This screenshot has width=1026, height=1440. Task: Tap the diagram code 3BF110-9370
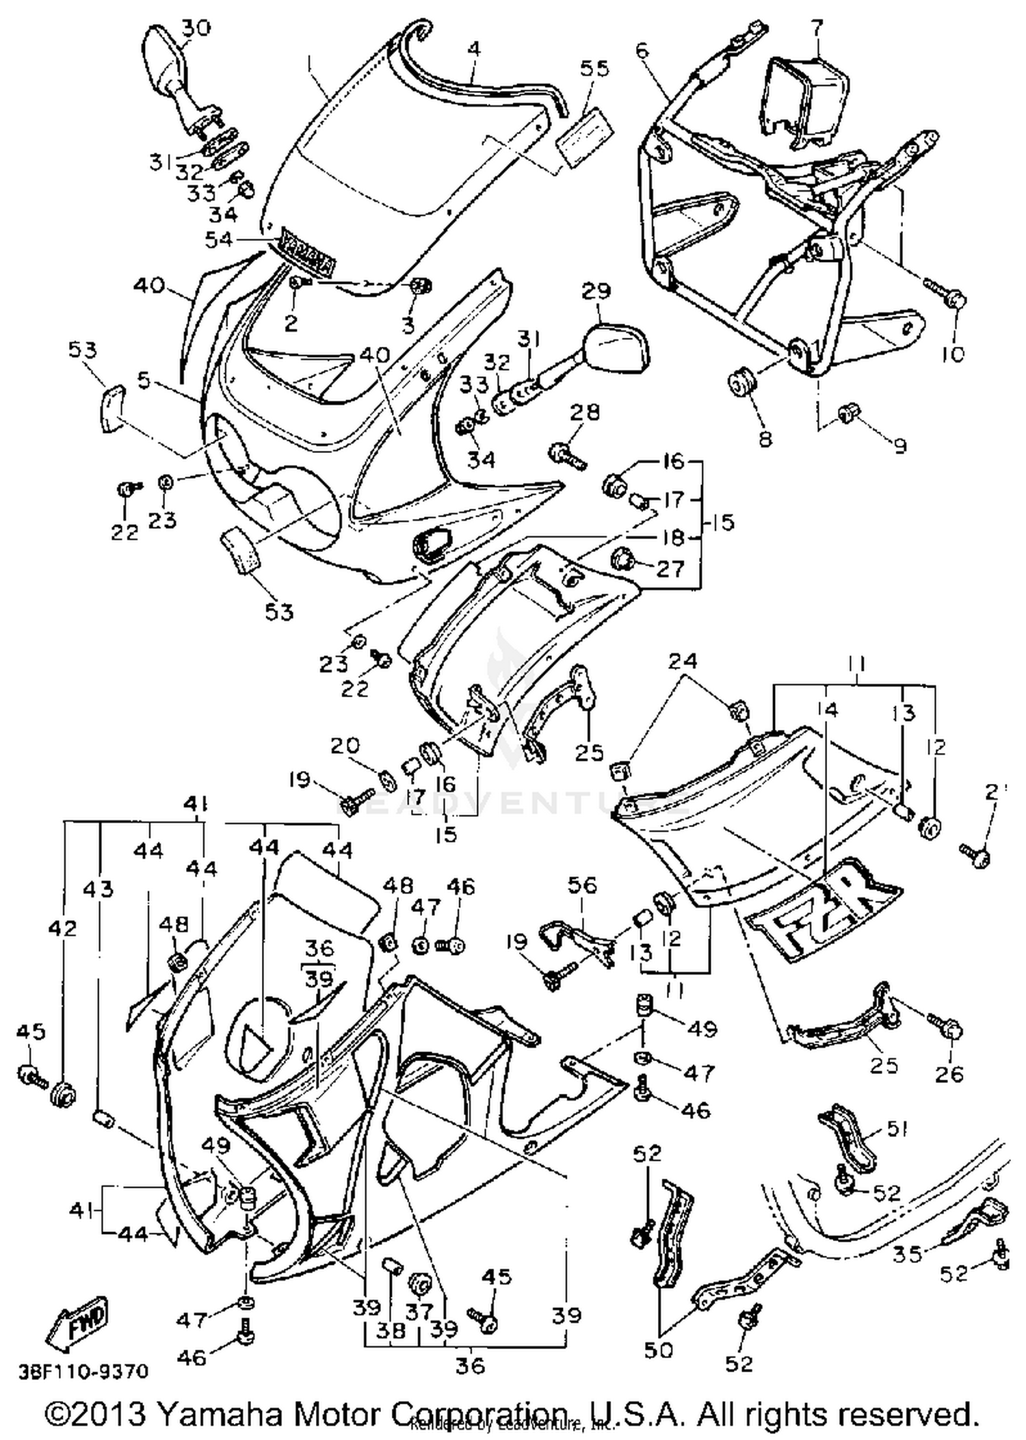(83, 1371)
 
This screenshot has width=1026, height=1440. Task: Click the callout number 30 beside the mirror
(196, 28)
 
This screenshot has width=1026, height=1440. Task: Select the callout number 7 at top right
(818, 29)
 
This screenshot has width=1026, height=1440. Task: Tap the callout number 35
(908, 1254)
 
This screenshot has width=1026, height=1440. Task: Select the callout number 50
(658, 1350)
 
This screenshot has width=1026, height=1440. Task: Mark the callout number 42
(63, 928)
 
